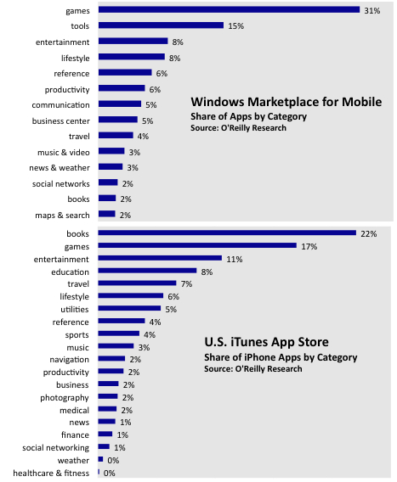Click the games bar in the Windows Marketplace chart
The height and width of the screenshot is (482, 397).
[229, 10]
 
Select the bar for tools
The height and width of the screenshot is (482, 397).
[161, 25]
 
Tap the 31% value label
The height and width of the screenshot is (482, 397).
[372, 11]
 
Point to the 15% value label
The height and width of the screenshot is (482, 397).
[236, 26]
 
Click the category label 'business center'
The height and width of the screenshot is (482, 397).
[61, 121]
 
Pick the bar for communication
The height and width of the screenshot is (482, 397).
[120, 104]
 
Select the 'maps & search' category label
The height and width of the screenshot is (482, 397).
[63, 216]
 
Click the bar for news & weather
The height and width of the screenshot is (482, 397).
[111, 166]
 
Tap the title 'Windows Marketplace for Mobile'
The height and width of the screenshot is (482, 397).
[286, 102]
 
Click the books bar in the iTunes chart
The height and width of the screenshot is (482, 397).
[227, 233]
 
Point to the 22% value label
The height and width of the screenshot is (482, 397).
[369, 234]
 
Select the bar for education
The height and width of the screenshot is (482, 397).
[148, 271]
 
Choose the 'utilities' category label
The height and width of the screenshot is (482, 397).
[75, 309]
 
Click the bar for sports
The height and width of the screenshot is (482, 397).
[119, 333]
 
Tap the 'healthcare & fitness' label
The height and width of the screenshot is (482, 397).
[51, 473]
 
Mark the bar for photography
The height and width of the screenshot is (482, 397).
[108, 396]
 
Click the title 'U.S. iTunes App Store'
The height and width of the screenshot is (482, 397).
[266, 342]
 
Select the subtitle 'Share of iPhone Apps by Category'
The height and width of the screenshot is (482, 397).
[281, 357]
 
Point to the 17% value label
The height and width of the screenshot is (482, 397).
[309, 247]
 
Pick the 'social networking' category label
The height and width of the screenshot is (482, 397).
[56, 448]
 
